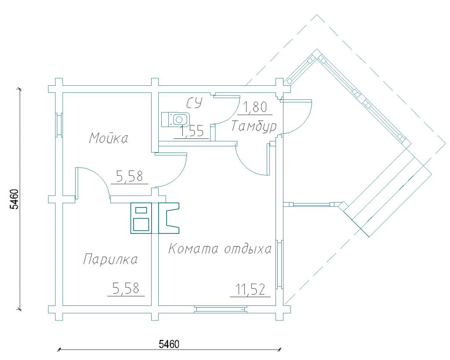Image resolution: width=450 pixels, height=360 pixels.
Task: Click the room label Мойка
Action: [x=109, y=138]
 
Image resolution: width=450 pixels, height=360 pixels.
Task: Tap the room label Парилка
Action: [x=110, y=259]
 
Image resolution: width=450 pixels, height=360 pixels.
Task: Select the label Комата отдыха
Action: [x=220, y=249]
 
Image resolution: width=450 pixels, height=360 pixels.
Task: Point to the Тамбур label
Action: [x=254, y=126]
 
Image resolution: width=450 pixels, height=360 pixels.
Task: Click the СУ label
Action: [x=195, y=102]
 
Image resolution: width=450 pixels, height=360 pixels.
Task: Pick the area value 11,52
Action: [x=250, y=289]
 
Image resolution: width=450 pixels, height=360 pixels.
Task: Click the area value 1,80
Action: [x=255, y=107]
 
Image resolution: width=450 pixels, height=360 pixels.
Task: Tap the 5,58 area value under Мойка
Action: [x=129, y=176]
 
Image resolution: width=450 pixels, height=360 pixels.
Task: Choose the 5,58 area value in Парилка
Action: [x=126, y=288]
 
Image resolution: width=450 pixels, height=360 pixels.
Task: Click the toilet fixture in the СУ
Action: [x=175, y=120]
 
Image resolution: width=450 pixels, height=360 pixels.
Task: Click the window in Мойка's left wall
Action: [x=59, y=125]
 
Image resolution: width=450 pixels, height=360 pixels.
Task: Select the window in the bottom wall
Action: [x=221, y=309]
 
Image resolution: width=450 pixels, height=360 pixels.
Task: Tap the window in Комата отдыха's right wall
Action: [x=279, y=265]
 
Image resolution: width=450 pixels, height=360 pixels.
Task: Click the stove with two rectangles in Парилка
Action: [x=141, y=218]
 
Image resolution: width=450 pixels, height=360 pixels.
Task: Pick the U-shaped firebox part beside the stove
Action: [x=169, y=218]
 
